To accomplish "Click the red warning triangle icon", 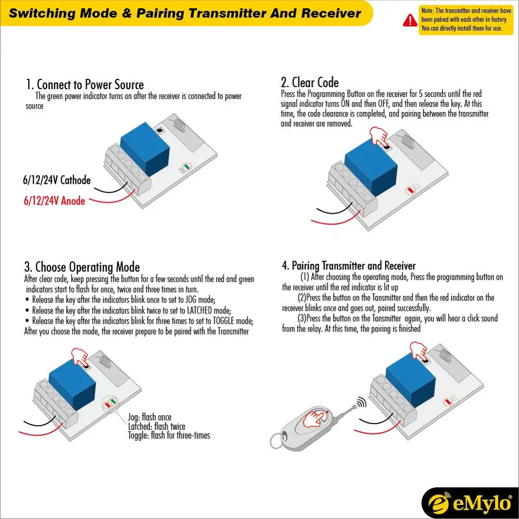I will tap(410, 20).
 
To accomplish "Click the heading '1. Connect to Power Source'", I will tap(85, 85).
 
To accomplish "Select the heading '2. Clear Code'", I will tap(310, 82).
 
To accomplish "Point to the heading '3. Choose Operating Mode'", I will tap(82, 267).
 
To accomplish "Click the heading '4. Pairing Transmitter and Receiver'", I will tap(349, 266).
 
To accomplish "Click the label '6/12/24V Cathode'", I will tap(57, 181).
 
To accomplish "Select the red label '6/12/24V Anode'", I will tap(54, 200).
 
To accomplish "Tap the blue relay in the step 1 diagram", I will tap(145, 151).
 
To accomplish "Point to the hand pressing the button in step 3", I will tap(80, 357).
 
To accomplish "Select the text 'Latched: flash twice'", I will tap(156, 426).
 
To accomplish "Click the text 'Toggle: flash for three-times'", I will tap(169, 435).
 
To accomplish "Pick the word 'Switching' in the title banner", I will tap(42, 13).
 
